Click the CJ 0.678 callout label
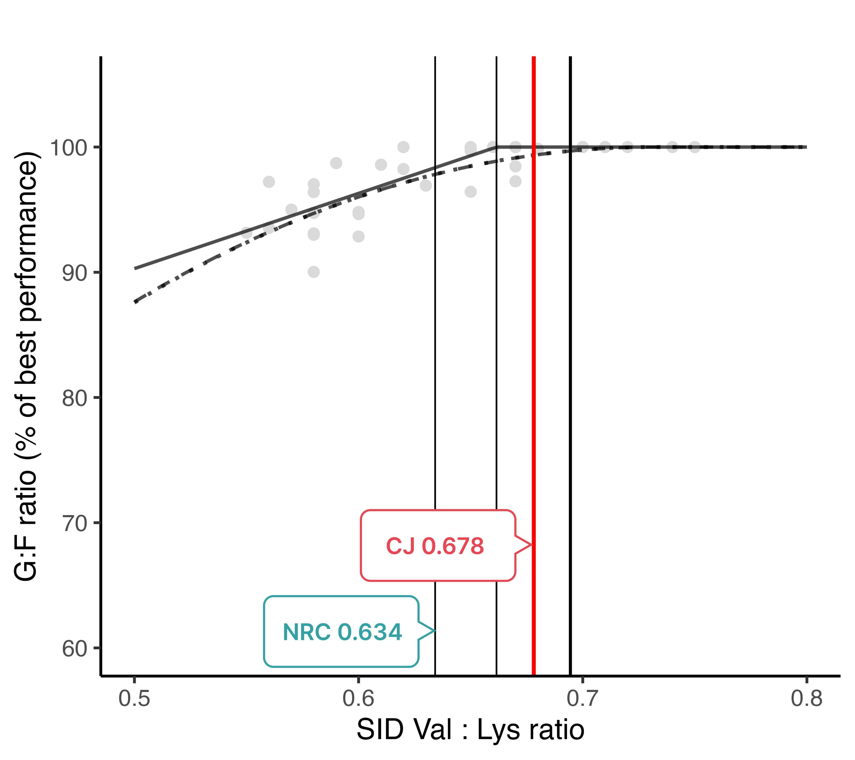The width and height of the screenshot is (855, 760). pyautogui.click(x=435, y=546)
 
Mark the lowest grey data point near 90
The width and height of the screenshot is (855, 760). pyautogui.click(x=314, y=272)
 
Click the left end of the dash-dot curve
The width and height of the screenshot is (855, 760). pyautogui.click(x=135, y=302)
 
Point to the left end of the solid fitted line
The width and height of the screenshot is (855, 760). pyautogui.click(x=135, y=268)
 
